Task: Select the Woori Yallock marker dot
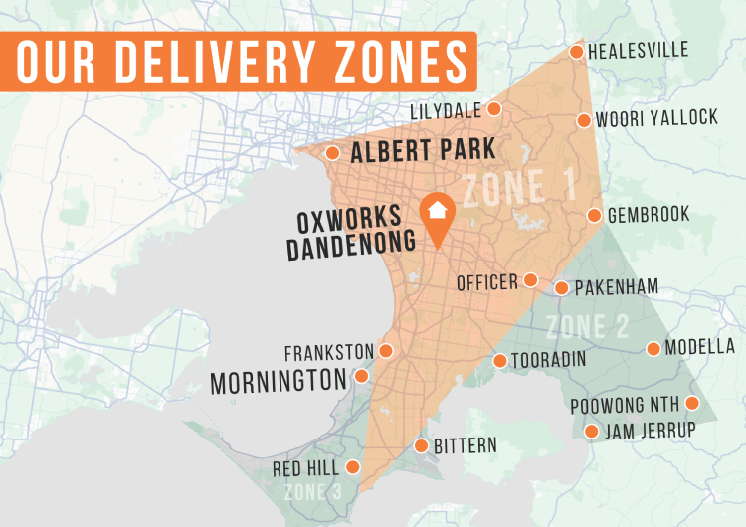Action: pyautogui.click(x=584, y=121)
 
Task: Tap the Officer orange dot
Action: pyautogui.click(x=531, y=280)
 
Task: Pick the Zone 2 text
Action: pyautogui.click(x=587, y=326)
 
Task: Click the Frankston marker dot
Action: pyautogui.click(x=386, y=351)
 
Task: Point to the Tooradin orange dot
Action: pyautogui.click(x=500, y=361)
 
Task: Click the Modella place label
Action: pyautogui.click(x=699, y=347)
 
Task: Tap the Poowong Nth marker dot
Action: pyautogui.click(x=693, y=404)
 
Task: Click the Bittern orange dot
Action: pyautogui.click(x=421, y=445)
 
